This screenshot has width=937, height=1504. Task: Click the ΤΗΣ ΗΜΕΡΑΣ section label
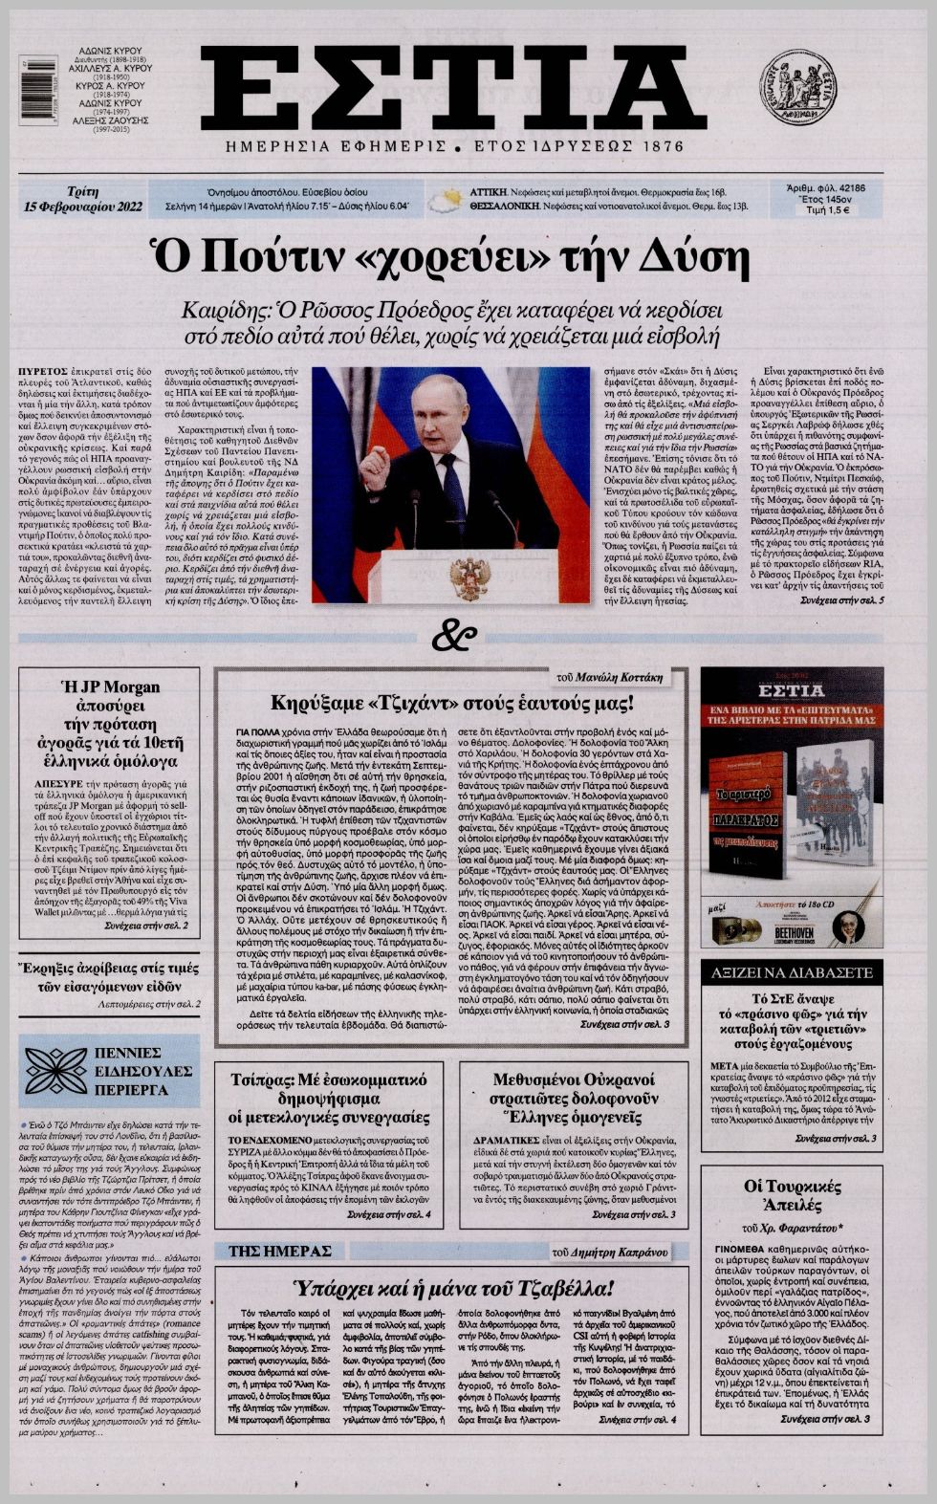coord(280,1251)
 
